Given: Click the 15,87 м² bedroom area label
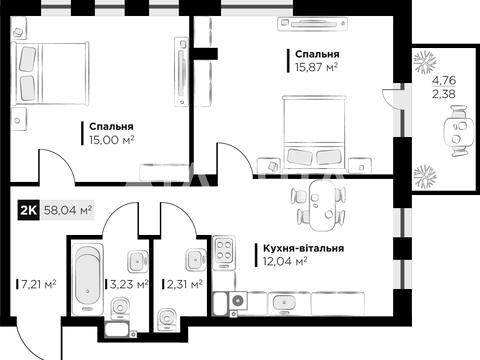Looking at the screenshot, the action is coord(316,67).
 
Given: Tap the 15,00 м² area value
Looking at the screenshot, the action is coord(111,140).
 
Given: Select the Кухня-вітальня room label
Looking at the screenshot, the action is coord(304,248).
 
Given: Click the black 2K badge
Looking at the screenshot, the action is coord(29,210).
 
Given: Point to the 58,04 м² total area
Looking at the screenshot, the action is coord(68,210).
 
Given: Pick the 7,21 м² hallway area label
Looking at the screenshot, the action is coord(38,284).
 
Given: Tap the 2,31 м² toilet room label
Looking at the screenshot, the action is coord(185,284).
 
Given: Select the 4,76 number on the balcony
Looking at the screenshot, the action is coord(444,80).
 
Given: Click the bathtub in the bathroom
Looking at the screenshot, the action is coord(88,278).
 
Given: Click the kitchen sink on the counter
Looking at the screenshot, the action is coord(284,303).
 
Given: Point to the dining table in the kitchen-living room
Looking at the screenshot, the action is coord(323,206).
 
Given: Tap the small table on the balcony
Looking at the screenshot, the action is coord(458,131).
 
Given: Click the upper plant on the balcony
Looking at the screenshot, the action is coord(425,62).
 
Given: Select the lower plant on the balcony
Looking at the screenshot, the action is coord(425,177).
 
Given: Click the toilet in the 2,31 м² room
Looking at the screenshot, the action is coord(167,319).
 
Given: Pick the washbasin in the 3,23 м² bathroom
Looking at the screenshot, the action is coord(137,261).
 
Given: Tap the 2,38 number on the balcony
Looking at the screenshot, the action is coord(444,94).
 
